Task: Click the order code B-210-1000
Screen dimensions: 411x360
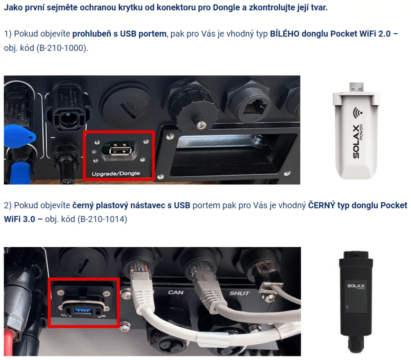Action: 62,48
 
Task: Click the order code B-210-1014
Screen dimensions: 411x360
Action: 102,219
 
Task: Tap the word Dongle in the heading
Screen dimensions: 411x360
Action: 226,7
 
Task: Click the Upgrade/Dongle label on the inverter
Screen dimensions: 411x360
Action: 116,173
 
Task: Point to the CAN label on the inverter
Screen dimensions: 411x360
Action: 176,292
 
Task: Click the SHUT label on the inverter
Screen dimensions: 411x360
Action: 239,293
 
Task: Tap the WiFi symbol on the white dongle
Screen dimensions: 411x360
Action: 357,112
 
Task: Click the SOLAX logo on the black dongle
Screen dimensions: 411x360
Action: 356,286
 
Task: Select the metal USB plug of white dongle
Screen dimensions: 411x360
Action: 357,87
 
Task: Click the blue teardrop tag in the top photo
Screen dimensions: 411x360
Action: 19,135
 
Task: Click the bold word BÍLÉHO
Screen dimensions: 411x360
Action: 284,34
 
